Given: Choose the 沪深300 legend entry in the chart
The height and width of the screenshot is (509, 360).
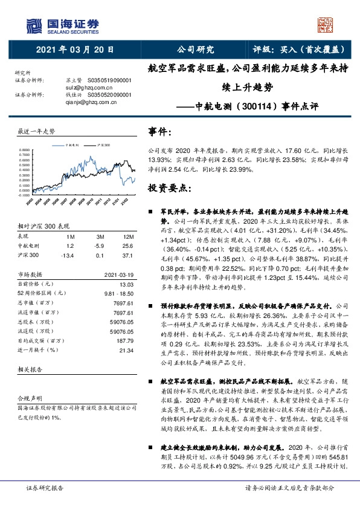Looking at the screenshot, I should point(103,145).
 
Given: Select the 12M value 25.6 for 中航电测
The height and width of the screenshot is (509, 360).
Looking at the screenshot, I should point(126,246).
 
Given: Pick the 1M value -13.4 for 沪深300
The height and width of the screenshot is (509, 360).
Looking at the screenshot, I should point(67,255).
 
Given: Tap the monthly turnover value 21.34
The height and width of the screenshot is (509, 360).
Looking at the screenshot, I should point(126,350).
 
